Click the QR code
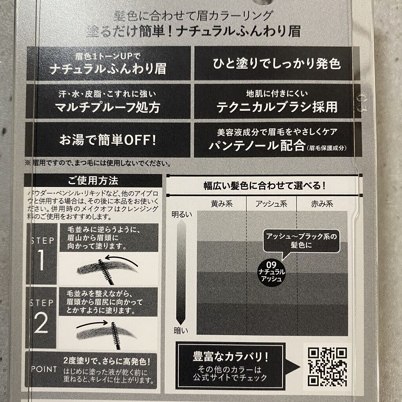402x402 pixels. click(x=327, y=366)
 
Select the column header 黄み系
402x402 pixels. click(x=222, y=204)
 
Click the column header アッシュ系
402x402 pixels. click(x=271, y=204)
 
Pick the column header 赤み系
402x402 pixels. click(x=322, y=204)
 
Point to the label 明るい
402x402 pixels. click(x=182, y=214)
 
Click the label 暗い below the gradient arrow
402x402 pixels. click(x=181, y=331)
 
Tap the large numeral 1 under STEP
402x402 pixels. click(x=41, y=260)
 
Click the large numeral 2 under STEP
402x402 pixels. click(x=41, y=323)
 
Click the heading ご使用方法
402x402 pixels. click(x=93, y=181)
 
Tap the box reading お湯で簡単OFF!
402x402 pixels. click(x=108, y=140)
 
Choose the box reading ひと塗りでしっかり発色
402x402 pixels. click(x=277, y=64)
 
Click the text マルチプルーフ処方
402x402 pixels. click(x=108, y=107)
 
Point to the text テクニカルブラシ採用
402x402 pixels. click(x=277, y=107)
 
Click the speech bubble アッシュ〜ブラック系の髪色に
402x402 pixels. click(x=301, y=241)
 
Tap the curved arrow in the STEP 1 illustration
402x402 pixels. click(x=121, y=259)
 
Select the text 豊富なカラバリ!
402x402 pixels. click(x=230, y=356)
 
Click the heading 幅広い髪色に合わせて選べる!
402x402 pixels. click(x=265, y=186)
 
